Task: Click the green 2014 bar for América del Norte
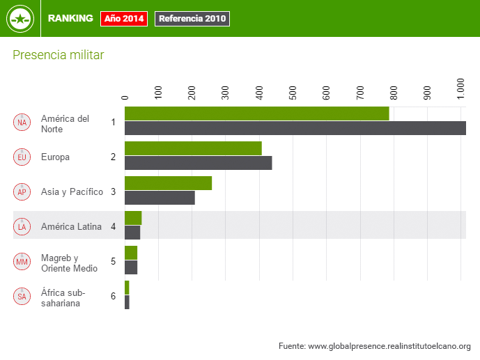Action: tap(256, 114)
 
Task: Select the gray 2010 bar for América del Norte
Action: tap(295, 128)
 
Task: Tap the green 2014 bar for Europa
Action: tap(193, 148)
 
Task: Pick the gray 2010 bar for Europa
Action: tap(198, 163)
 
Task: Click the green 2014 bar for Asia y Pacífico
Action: tap(168, 183)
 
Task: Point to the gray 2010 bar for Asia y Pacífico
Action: tap(160, 198)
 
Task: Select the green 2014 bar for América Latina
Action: tap(133, 218)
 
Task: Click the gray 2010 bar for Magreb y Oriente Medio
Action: tap(131, 267)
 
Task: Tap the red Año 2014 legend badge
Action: tap(124, 19)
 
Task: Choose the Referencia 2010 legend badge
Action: tap(192, 19)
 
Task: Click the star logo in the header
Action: tap(20, 19)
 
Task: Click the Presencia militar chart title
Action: tap(59, 55)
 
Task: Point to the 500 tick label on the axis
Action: tap(293, 92)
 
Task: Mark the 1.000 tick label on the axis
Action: tap(461, 90)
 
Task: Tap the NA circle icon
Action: tap(22, 123)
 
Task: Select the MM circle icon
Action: tap(22, 262)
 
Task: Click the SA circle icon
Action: tap(22, 297)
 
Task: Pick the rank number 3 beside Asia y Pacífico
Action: tap(113, 191)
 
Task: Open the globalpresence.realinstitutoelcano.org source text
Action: tap(374, 346)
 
